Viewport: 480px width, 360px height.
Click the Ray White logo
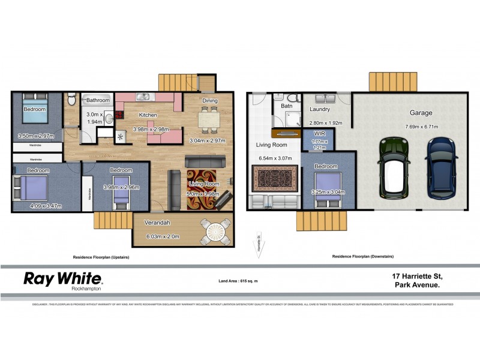tap(62, 278)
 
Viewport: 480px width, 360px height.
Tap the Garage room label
tap(421, 112)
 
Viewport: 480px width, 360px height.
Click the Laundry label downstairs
tap(320, 110)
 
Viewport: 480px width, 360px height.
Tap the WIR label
tap(316, 134)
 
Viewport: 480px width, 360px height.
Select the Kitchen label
tap(148, 115)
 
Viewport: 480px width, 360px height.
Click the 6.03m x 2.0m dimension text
tap(163, 236)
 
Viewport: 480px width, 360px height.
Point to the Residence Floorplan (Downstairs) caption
tap(363, 256)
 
